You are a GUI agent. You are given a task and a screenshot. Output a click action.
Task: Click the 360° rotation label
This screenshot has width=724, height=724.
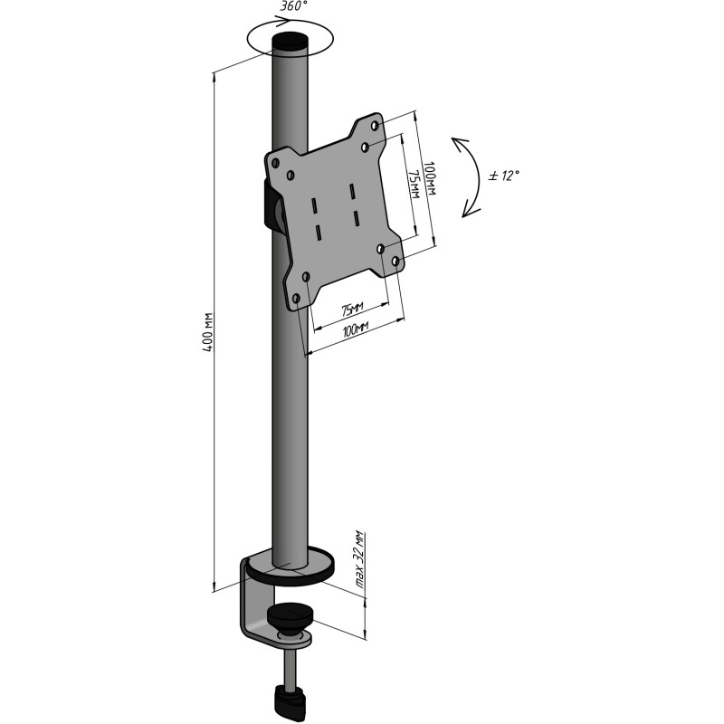pyautogui.click(x=293, y=6)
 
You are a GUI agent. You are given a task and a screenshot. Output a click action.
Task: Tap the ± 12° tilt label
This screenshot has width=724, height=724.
pyautogui.click(x=504, y=176)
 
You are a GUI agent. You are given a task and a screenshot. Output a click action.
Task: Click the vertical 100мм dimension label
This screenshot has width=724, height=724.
pyautogui.click(x=429, y=178)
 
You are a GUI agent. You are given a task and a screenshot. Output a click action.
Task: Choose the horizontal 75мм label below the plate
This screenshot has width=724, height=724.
pyautogui.click(x=352, y=309)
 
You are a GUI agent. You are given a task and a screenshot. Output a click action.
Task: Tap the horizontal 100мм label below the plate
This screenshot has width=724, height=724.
pyautogui.click(x=355, y=329)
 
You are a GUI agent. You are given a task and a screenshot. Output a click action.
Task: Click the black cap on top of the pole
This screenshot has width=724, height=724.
pyautogui.click(x=290, y=43)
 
